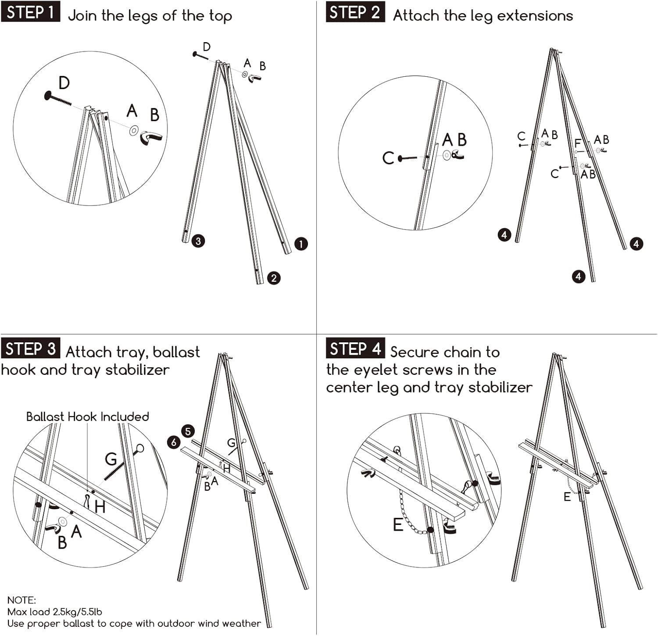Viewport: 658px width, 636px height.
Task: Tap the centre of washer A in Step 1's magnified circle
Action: (134, 130)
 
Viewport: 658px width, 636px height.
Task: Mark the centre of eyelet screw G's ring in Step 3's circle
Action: (139, 449)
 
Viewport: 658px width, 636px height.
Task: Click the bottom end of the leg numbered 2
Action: (260, 283)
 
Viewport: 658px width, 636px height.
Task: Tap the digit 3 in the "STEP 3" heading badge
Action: (51, 349)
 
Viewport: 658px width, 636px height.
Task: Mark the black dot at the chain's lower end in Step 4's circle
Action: (431, 530)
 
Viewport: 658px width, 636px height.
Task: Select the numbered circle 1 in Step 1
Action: (301, 244)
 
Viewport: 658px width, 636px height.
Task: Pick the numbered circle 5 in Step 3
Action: (188, 431)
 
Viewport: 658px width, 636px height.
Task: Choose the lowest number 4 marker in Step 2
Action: (579, 276)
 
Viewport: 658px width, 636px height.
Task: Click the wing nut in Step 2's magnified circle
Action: (458, 155)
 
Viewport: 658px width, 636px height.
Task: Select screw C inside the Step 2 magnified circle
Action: (408, 158)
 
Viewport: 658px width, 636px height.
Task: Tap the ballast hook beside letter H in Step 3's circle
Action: (87, 501)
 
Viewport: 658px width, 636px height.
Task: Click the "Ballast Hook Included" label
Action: (88, 417)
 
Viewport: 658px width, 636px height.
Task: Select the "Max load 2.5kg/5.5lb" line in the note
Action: (55, 612)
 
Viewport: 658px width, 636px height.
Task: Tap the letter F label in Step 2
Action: (578, 144)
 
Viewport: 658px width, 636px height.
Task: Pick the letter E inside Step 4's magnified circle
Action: (398, 525)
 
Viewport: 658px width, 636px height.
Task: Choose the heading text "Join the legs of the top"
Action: (150, 16)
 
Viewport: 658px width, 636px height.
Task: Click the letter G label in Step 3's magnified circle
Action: (111, 459)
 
